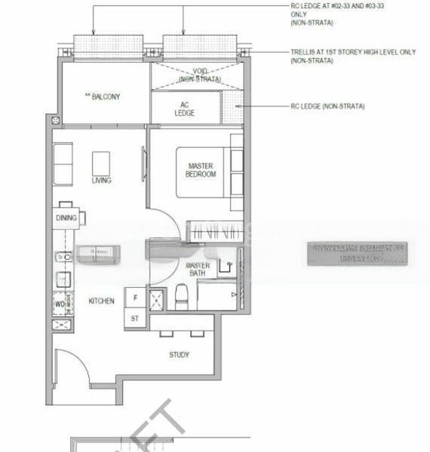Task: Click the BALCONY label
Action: [104, 96]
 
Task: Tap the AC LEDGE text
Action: [184, 108]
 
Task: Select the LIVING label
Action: [102, 181]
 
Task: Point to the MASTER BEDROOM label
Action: [201, 169]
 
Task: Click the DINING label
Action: [66, 218]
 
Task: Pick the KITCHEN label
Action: [102, 301]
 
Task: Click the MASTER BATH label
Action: [198, 270]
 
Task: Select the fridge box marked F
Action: [135, 298]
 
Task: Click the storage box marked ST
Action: [135, 319]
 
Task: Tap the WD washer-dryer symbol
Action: [60, 304]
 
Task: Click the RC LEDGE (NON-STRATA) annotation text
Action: [327, 107]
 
